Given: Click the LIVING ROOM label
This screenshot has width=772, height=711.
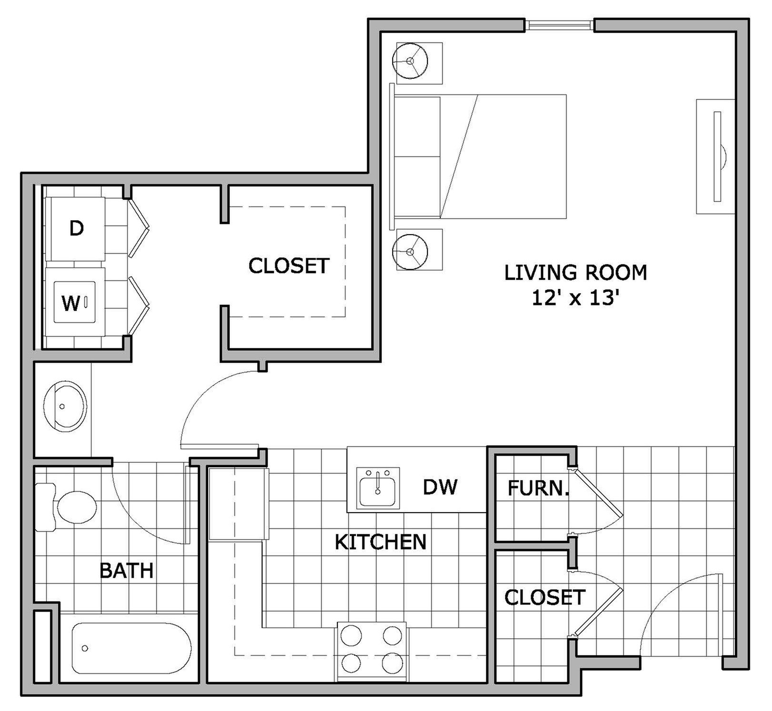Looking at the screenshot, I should pyautogui.click(x=576, y=272).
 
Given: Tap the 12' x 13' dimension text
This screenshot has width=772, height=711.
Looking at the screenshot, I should pyautogui.click(x=575, y=299).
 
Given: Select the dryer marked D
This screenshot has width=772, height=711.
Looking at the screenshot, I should pyautogui.click(x=76, y=228).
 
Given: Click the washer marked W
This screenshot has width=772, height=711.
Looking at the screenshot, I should pyautogui.click(x=74, y=302).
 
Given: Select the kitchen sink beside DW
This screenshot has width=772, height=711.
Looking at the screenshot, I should pyautogui.click(x=378, y=488).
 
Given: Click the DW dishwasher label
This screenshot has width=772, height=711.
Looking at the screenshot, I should pyautogui.click(x=440, y=487).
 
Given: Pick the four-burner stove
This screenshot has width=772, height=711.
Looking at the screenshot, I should pyautogui.click(x=372, y=650).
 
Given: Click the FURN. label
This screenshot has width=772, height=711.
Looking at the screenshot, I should pyautogui.click(x=538, y=488).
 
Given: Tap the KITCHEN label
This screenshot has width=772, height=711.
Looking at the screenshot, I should pyautogui.click(x=380, y=542).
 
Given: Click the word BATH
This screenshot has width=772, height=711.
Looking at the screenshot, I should pyautogui.click(x=126, y=570).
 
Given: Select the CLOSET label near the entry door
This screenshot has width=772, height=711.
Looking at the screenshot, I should pyautogui.click(x=545, y=598).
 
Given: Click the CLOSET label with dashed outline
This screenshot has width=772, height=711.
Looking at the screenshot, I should pyautogui.click(x=289, y=266).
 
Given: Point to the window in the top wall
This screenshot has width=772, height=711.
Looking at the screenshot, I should pyautogui.click(x=559, y=25).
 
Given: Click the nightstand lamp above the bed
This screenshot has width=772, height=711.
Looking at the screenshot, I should pyautogui.click(x=410, y=61).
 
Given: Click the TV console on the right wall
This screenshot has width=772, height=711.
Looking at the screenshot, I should pyautogui.click(x=715, y=156).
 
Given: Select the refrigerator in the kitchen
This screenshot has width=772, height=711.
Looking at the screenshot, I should pyautogui.click(x=237, y=504).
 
